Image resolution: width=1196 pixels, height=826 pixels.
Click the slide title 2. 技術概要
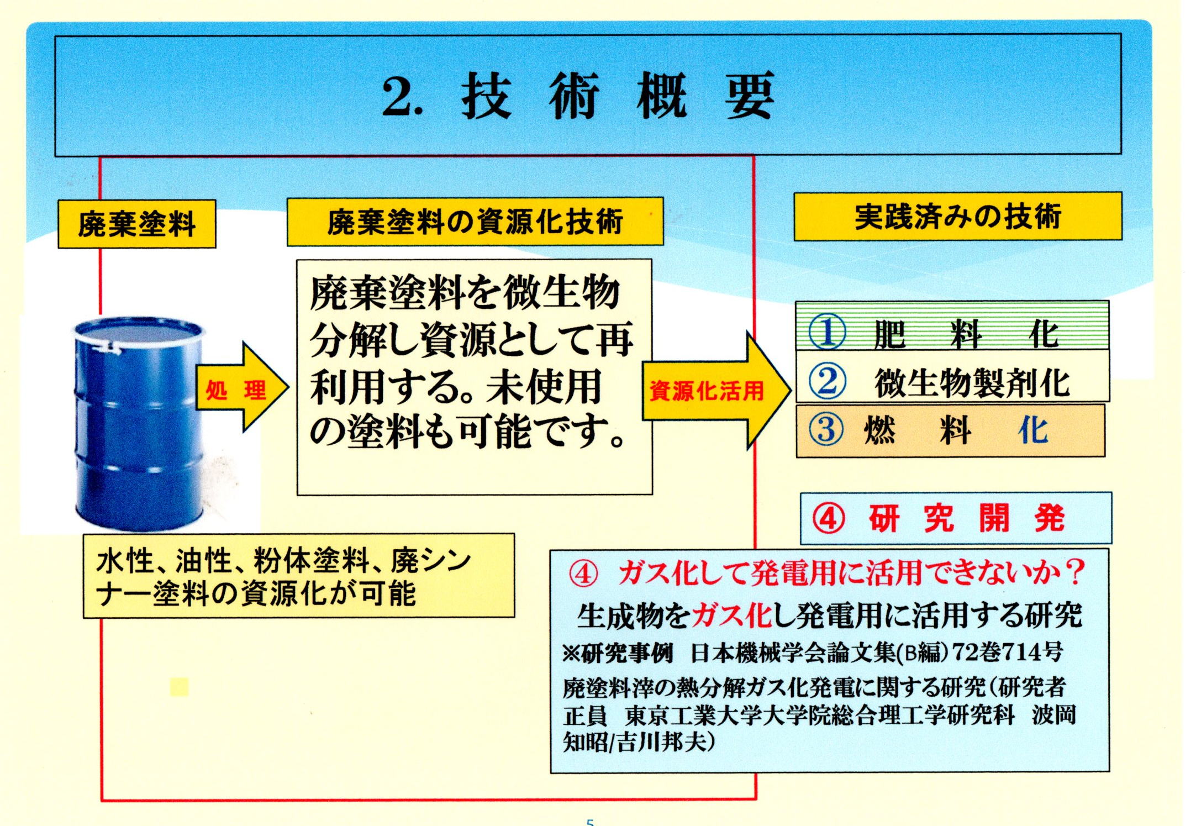pyautogui.click(x=578, y=96)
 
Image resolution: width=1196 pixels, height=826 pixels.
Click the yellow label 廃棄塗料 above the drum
pyautogui.click(x=136, y=224)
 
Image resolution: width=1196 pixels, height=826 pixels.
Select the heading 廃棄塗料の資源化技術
pyautogui.click(x=475, y=222)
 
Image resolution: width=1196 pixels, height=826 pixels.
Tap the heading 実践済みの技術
pyautogui.click(x=958, y=216)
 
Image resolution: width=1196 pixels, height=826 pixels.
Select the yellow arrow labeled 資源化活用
pyautogui.click(x=716, y=390)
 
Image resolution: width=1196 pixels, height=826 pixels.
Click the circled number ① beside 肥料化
pyautogui.click(x=827, y=332)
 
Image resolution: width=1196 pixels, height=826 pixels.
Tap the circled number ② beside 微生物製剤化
pyautogui.click(x=827, y=381)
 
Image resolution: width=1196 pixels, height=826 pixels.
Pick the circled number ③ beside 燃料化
pyautogui.click(x=826, y=430)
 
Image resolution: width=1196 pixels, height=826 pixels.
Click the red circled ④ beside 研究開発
pyautogui.click(x=828, y=519)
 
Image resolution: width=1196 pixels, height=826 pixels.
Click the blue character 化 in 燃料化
pyautogui.click(x=1033, y=430)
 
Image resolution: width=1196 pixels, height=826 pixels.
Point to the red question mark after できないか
pyautogui.click(x=1074, y=572)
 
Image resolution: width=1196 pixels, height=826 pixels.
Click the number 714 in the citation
pyautogui.click(x=1019, y=653)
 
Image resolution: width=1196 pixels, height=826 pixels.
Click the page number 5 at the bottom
pyautogui.click(x=590, y=822)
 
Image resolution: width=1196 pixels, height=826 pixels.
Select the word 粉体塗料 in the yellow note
pyautogui.click(x=312, y=561)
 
